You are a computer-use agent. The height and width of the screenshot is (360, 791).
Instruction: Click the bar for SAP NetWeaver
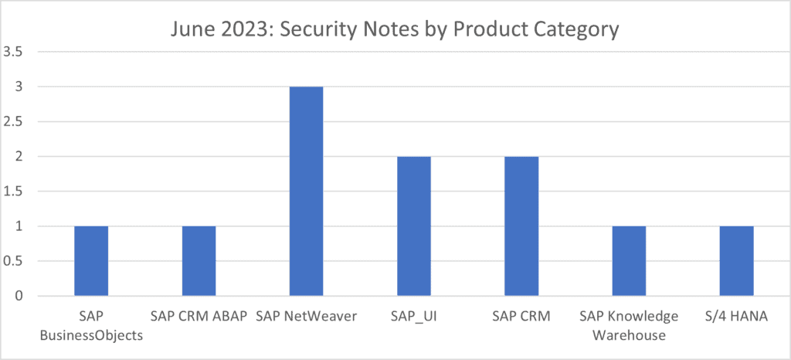(306, 192)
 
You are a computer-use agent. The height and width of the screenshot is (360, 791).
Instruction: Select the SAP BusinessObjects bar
(91, 261)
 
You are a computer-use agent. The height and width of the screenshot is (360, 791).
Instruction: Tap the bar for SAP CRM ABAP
(199, 261)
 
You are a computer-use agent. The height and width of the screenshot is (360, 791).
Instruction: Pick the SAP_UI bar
(413, 226)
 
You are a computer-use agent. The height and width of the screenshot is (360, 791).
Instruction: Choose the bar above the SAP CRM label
(521, 226)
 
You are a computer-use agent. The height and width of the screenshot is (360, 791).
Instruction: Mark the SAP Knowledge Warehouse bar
(629, 261)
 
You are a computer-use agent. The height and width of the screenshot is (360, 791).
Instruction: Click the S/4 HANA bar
(736, 261)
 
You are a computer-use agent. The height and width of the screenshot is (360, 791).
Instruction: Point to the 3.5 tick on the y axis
(15, 52)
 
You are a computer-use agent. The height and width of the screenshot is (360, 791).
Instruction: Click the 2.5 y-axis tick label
(15, 121)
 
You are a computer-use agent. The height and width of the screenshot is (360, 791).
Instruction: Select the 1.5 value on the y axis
(15, 192)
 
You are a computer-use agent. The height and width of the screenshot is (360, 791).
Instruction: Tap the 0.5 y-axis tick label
(15, 261)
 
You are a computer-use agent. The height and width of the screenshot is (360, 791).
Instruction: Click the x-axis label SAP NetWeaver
(306, 317)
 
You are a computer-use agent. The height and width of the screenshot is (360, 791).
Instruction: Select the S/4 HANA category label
(736, 317)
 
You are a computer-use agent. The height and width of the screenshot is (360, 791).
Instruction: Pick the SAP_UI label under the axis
(413, 317)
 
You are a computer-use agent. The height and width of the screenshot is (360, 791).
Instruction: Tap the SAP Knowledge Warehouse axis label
(629, 326)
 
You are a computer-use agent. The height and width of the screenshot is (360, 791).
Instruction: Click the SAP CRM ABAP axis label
(199, 317)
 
